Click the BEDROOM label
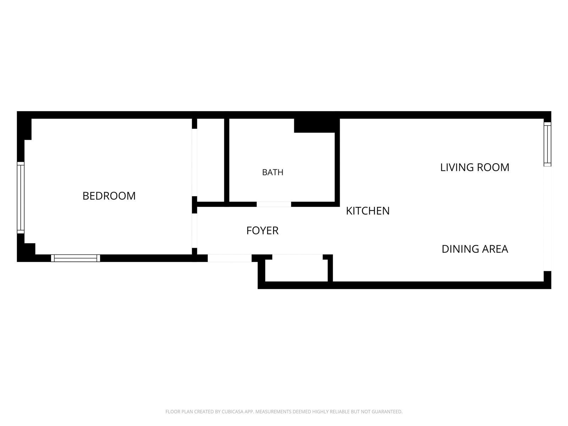click(x=109, y=196)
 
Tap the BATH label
click(x=273, y=172)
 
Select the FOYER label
click(x=262, y=230)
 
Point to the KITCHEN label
click(x=368, y=211)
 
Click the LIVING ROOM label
click(x=475, y=167)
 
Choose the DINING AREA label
click(x=475, y=249)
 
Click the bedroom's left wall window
click(x=21, y=198)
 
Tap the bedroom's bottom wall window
click(x=75, y=258)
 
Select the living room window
click(x=547, y=144)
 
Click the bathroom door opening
click(x=274, y=204)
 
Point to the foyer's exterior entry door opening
click(x=230, y=258)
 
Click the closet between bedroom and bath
click(x=211, y=160)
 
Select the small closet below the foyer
click(x=296, y=268)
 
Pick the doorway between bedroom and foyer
click(x=194, y=231)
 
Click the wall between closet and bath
click(x=227, y=160)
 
